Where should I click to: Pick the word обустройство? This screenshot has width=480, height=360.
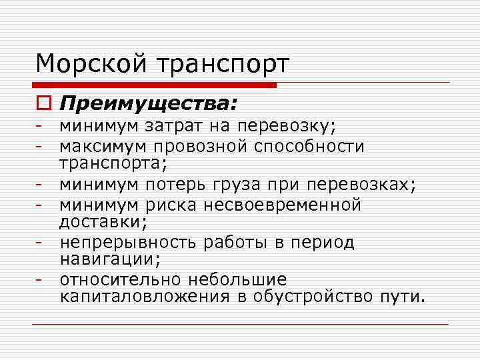(316, 296)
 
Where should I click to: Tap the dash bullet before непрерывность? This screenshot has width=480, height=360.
(41, 243)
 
